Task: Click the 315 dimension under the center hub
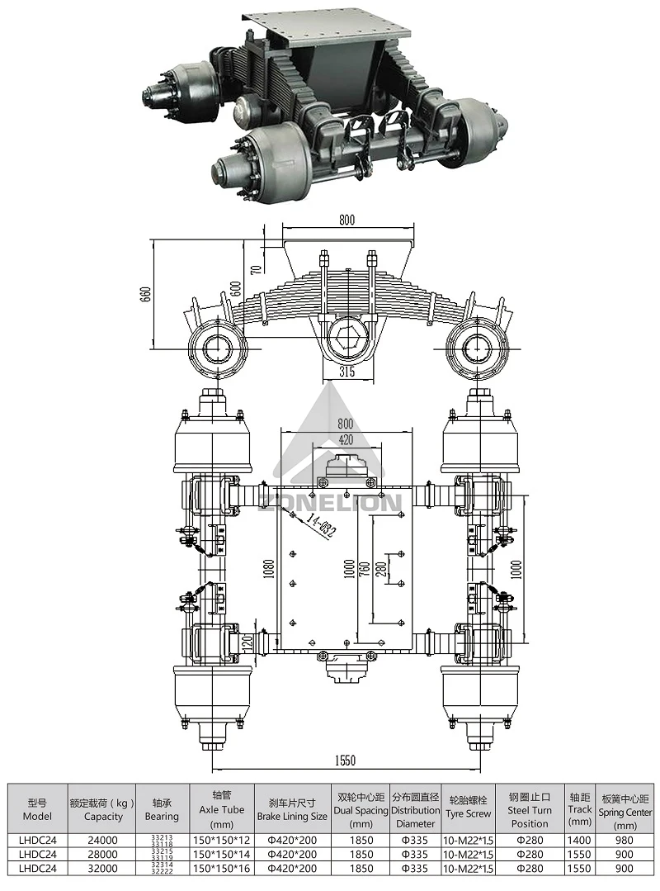[x=346, y=372]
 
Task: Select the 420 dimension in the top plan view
[x=346, y=439]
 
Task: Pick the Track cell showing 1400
[x=580, y=840]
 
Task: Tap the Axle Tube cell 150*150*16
[x=222, y=868]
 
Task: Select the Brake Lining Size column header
[x=291, y=808]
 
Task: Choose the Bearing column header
[x=162, y=808]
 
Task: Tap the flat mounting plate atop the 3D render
[x=330, y=31]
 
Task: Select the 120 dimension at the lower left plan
[x=245, y=640]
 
